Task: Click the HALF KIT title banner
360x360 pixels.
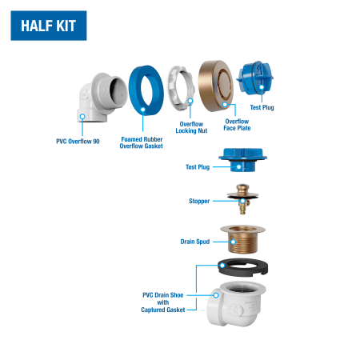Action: click(x=49, y=26)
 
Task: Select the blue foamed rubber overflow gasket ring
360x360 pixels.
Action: click(x=146, y=90)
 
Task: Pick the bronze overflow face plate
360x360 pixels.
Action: click(x=216, y=86)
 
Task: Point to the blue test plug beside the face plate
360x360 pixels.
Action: click(x=255, y=78)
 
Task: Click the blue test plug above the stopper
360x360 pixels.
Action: click(x=242, y=160)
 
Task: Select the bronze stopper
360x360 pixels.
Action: click(x=242, y=198)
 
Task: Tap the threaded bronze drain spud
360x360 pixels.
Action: click(x=242, y=239)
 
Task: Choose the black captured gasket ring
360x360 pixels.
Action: click(x=242, y=267)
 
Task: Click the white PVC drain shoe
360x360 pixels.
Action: click(x=236, y=303)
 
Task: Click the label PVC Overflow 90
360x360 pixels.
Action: click(x=78, y=142)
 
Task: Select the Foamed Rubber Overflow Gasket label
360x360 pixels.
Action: click(x=142, y=142)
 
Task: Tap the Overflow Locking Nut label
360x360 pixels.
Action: click(x=191, y=127)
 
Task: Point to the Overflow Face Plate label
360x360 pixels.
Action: click(x=237, y=125)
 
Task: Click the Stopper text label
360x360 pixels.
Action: click(x=199, y=201)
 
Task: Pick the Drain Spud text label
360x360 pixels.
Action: click(x=195, y=242)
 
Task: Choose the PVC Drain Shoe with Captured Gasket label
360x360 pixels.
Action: click(x=163, y=302)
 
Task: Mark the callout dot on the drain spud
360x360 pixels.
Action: click(x=233, y=242)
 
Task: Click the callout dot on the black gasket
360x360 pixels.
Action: click(x=222, y=266)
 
